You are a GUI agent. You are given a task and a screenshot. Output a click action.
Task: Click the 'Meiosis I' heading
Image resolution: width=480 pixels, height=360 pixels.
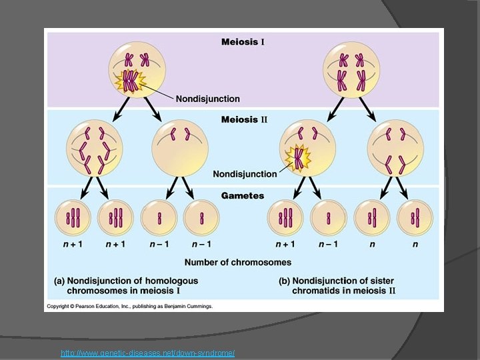click(x=243, y=42)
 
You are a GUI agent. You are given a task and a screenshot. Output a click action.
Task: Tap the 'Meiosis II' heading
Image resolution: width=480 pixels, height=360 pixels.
click(x=244, y=119)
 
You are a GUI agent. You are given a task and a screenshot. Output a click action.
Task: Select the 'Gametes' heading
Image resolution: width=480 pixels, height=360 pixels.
click(x=243, y=196)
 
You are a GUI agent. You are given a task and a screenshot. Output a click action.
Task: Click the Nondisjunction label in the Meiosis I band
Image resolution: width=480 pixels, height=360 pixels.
click(x=207, y=99)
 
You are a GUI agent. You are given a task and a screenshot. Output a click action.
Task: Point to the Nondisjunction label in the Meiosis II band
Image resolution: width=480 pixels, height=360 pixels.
click(x=245, y=174)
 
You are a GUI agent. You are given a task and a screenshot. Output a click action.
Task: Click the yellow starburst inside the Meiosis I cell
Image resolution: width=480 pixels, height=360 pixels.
click(x=129, y=82)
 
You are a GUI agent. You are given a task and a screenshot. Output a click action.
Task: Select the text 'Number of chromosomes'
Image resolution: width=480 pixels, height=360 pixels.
click(x=237, y=262)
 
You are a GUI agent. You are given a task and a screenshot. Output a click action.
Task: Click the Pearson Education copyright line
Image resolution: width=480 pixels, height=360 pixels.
click(x=129, y=307)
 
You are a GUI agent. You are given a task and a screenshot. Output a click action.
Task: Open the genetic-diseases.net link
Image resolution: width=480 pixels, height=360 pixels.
click(x=147, y=353)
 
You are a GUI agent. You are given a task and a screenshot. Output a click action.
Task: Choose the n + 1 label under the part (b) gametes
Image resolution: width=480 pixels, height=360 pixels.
click(x=285, y=244)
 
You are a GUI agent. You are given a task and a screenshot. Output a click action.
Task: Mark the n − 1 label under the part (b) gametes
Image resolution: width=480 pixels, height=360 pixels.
click(x=327, y=244)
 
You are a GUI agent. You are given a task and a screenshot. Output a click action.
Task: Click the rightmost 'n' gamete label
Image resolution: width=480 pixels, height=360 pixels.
click(x=415, y=244)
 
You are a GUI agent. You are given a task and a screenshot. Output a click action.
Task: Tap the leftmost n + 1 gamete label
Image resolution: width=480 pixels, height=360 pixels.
click(x=73, y=244)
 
